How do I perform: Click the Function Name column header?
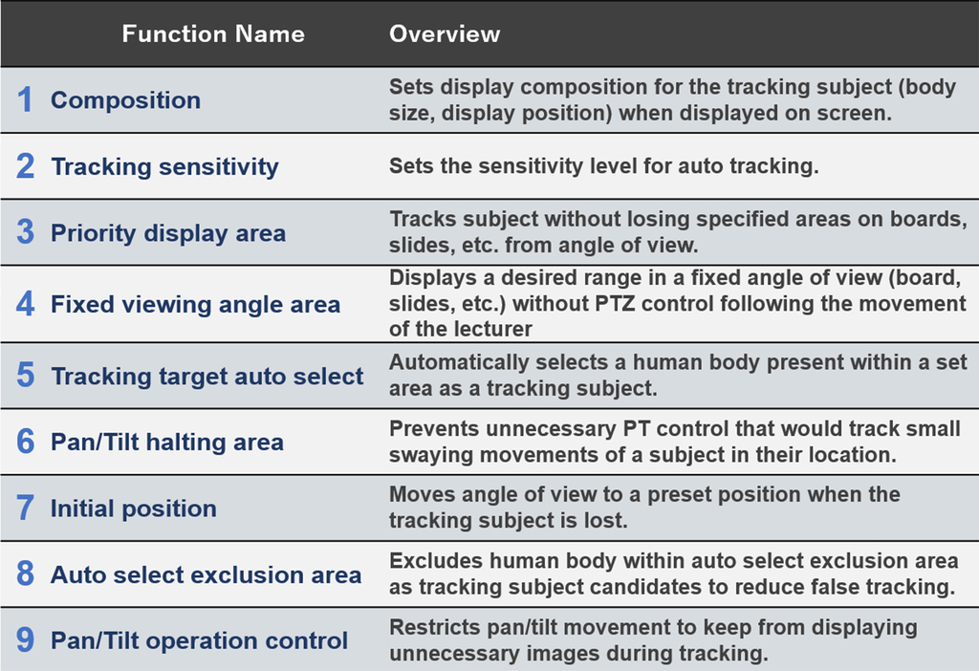tap(213, 33)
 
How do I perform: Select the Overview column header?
tap(445, 33)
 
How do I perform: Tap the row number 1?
tap(25, 99)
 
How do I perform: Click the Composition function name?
tap(125, 100)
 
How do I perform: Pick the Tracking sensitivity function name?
tap(164, 166)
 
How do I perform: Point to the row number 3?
tap(25, 232)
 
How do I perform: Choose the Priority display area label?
tap(168, 233)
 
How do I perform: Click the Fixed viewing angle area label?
tap(195, 304)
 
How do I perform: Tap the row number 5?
tap(25, 375)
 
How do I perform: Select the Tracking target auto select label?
tap(207, 376)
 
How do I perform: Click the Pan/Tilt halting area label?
tap(167, 442)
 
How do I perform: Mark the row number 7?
tap(25, 508)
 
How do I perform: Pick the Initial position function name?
tap(134, 509)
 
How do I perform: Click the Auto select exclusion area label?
tap(207, 574)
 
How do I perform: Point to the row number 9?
tap(25, 639)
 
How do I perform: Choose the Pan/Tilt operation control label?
tap(199, 640)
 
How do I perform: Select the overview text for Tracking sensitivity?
tap(604, 166)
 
